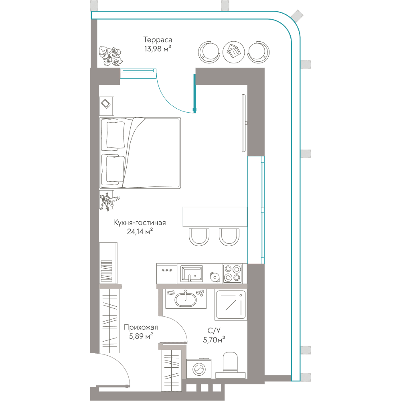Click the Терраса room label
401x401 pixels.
click(x=158, y=40)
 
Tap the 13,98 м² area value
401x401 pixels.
click(x=158, y=49)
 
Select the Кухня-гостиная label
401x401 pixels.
click(x=140, y=223)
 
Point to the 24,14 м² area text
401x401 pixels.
click(x=140, y=231)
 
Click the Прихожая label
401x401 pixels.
click(x=141, y=327)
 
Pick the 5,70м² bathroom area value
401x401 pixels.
click(x=214, y=340)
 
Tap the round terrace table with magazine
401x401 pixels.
click(x=233, y=52)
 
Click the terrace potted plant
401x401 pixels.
click(x=111, y=56)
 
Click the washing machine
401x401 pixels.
click(x=199, y=369)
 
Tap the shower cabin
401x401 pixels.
click(x=231, y=305)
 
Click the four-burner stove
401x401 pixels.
click(x=232, y=273)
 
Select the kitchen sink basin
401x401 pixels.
click(x=192, y=273)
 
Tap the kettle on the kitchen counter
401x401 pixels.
click(x=215, y=277)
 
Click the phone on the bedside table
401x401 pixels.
click(x=105, y=103)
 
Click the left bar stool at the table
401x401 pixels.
click(x=199, y=237)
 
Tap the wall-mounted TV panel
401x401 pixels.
click(x=244, y=123)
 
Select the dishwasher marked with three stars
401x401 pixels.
click(x=167, y=273)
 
